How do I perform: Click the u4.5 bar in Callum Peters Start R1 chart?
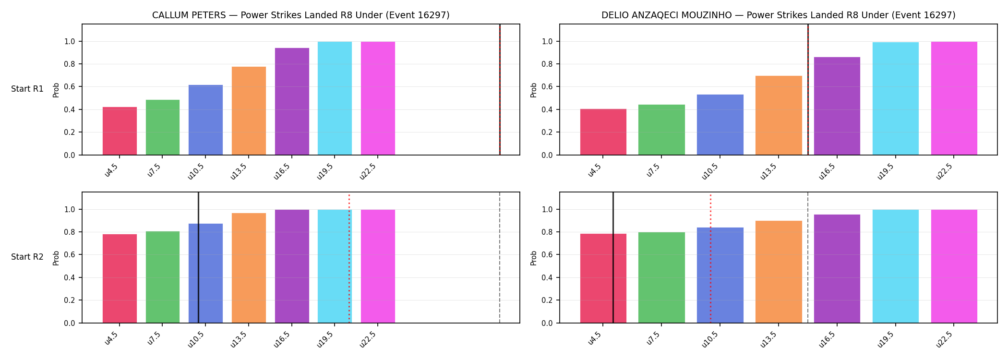120,131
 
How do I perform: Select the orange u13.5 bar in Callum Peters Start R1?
249,111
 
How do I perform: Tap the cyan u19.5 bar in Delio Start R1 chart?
896,98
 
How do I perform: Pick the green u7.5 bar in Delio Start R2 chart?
661,277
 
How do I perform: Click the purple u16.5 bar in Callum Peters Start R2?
292,266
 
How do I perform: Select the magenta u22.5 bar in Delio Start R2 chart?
954,266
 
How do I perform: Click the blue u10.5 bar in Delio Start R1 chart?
720,125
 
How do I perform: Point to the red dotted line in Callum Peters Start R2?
349,258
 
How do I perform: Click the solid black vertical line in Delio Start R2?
613,257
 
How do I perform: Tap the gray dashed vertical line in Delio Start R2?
808,257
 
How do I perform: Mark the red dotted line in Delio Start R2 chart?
710,258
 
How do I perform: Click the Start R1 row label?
27,89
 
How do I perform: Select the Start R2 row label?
27,257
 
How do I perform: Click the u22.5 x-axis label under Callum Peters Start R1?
368,171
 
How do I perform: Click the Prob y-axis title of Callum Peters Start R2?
56,258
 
